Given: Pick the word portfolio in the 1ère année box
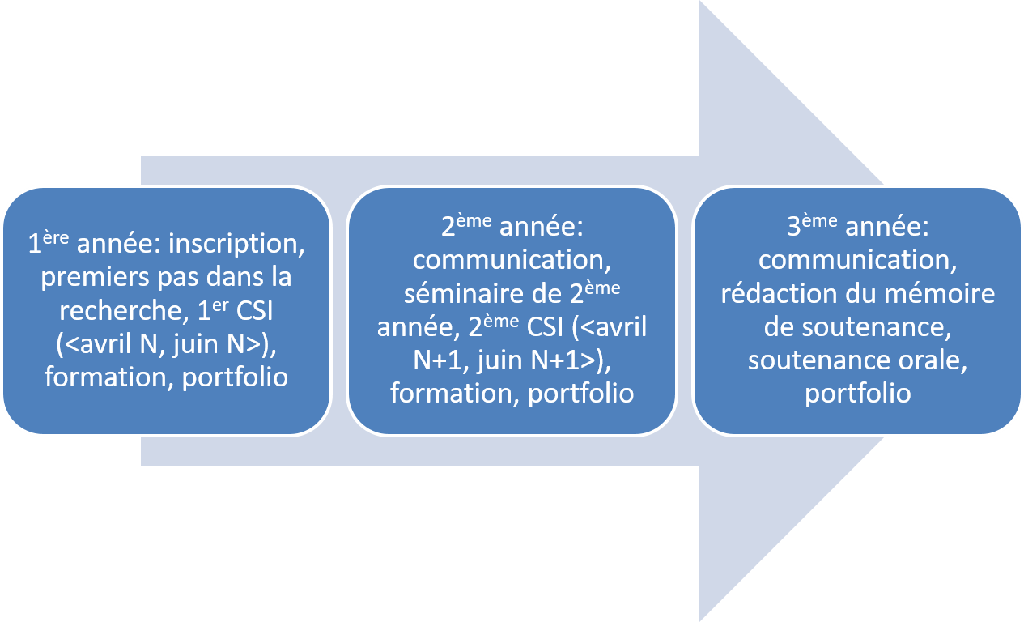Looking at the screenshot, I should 235,377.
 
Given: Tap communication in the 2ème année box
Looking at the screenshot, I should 511,261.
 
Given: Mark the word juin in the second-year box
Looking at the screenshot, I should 504,360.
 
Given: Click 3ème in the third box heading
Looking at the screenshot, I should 810,227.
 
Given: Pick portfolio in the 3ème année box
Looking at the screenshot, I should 858,394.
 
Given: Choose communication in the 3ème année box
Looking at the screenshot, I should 858,261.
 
